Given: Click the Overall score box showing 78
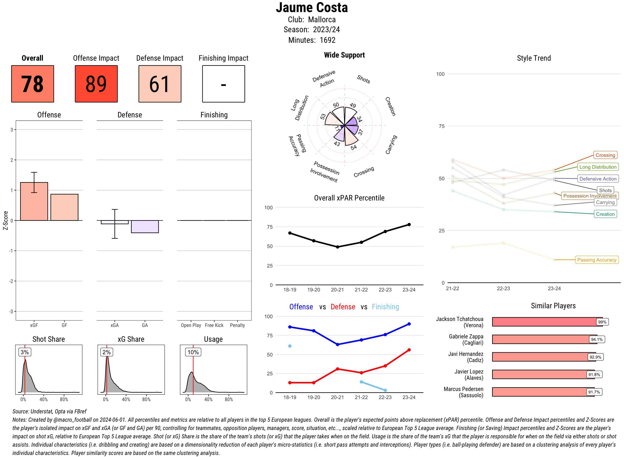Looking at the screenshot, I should point(32,84).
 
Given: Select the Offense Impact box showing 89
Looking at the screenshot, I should point(96,84).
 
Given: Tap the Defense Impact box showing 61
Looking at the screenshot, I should point(160,84).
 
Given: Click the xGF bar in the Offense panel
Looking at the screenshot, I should point(34,201).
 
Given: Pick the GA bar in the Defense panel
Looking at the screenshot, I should point(145,227).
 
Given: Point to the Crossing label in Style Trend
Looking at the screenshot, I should point(605,155).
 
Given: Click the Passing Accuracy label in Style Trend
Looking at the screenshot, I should point(597,260).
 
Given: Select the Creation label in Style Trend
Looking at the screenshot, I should point(605,214).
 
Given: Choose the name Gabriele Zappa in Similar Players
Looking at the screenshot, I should point(466,337).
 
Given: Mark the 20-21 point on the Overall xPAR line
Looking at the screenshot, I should point(337,247).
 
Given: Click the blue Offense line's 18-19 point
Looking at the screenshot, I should point(290,327).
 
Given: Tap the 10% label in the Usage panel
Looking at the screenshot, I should point(193,352).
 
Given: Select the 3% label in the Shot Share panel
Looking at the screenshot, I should point(25,352).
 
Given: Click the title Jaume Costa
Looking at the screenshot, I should point(312,8).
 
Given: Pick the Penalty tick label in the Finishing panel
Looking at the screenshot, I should point(237,325).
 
